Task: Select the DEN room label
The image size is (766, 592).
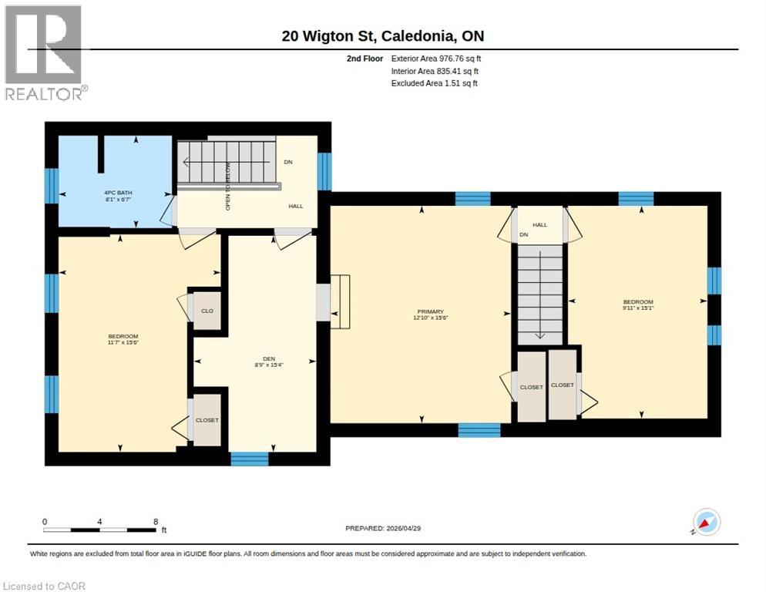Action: pos(270,358)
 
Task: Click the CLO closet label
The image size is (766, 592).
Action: pos(207,311)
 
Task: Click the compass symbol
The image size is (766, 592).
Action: pos(706,523)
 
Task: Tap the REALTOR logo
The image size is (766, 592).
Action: pos(45,52)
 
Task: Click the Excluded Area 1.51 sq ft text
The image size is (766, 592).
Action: pos(434,83)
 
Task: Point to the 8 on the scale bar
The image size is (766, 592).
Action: pos(156,522)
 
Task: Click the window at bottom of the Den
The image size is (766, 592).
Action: pos(250,459)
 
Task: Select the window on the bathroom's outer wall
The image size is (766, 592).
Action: pos(52,186)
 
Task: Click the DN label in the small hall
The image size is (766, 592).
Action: pos(524,234)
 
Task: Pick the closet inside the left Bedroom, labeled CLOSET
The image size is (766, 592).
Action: pos(207,420)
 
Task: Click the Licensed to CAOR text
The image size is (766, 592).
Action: pos(45,586)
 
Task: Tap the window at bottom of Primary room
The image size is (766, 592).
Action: pos(479,430)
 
